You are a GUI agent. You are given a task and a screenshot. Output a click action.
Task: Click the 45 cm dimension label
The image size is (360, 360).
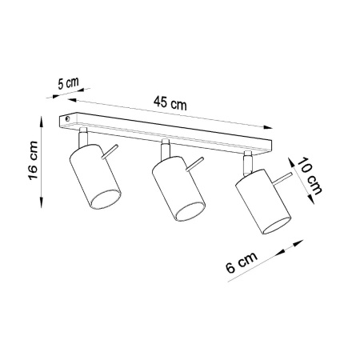click(170, 104)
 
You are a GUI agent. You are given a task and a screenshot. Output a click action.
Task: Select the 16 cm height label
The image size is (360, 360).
click(30, 161)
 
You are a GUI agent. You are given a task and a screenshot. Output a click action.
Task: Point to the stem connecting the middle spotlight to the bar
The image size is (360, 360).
click(165, 148)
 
